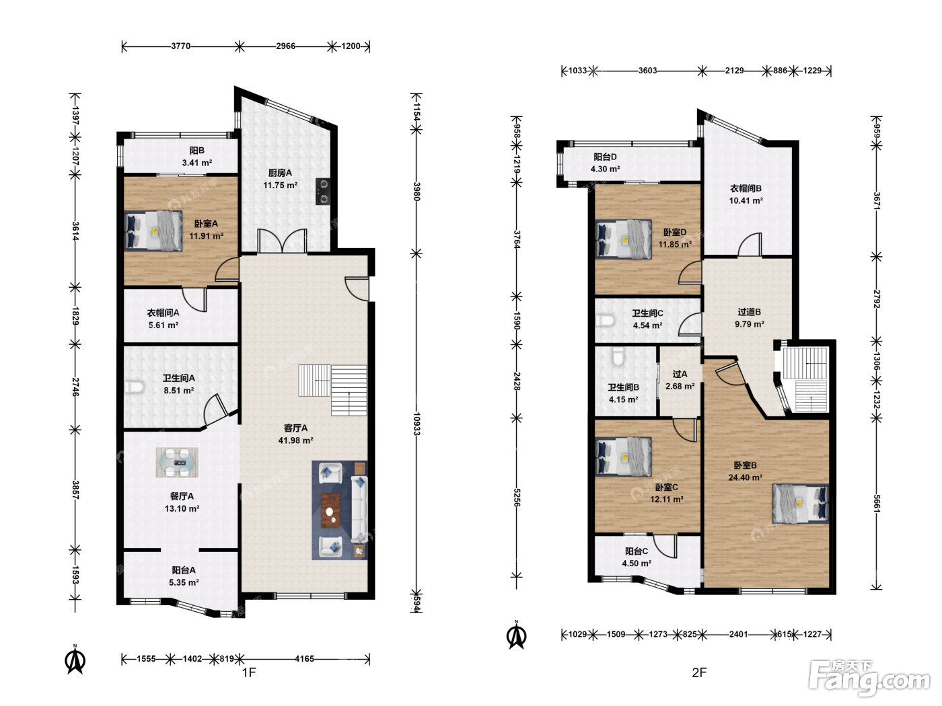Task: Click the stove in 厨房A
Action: coord(323,191)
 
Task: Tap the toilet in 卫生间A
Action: coord(133,387)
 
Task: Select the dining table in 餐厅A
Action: coord(177,463)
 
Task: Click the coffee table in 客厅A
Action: coord(330,510)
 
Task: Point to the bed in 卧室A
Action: coord(153,231)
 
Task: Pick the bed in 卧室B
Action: coord(801,504)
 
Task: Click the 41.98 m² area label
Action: coord(295,440)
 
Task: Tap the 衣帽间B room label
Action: coord(746,188)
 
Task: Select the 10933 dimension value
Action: coord(416,424)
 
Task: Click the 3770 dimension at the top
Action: coord(181,46)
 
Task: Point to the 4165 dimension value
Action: coord(304,658)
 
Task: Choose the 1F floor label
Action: coord(249,672)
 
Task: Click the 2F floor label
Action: coord(699,672)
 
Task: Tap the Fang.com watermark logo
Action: coord(869,678)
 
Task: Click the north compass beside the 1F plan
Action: coord(75,660)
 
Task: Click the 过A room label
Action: coord(680,374)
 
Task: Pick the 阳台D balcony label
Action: coord(605,157)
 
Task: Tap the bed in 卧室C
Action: coord(624,457)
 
